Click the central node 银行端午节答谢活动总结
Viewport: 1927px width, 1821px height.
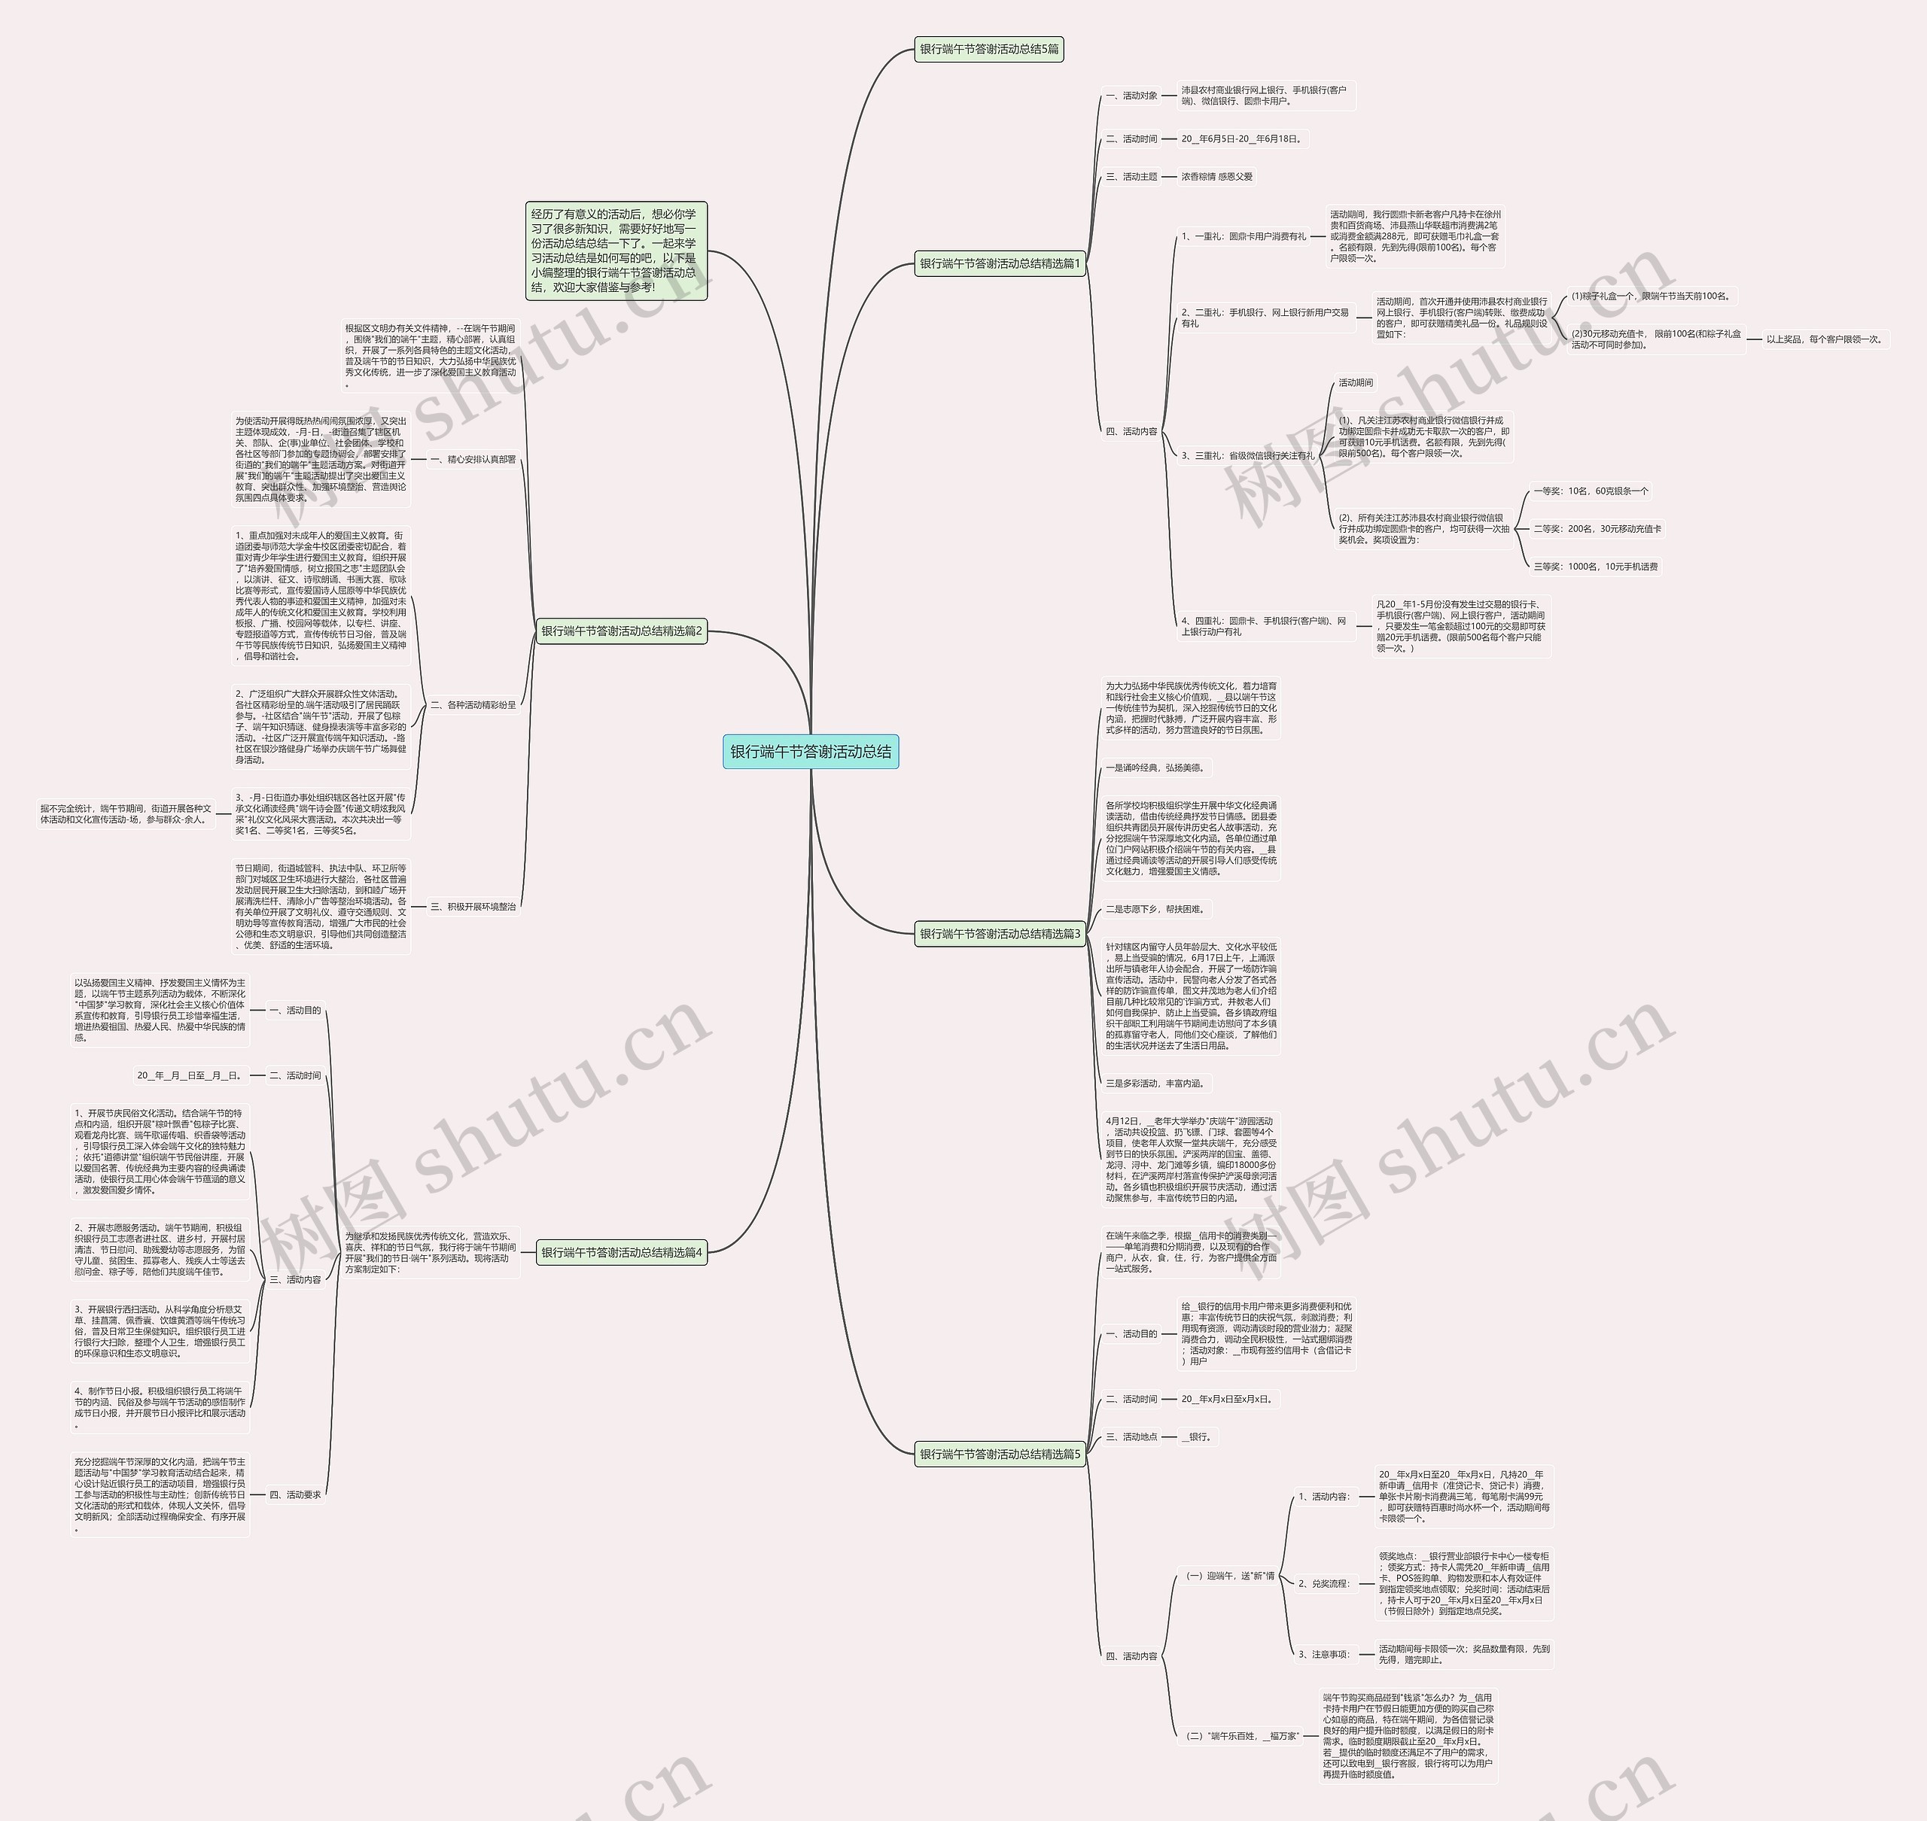point(811,751)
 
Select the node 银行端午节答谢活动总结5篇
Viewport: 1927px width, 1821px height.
point(989,48)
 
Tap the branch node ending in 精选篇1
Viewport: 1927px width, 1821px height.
point(1000,263)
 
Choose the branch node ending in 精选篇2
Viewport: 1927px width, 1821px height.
point(621,631)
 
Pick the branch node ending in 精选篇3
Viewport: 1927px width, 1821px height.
point(1000,934)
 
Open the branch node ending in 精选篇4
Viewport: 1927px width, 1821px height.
point(621,1252)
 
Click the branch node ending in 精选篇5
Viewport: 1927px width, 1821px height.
point(1000,1454)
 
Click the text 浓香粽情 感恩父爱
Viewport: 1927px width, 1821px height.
point(1216,177)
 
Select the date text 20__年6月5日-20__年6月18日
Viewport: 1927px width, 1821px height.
point(1241,138)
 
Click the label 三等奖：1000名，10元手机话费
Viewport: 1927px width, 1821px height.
point(1596,566)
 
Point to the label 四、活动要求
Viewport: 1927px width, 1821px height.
point(294,1495)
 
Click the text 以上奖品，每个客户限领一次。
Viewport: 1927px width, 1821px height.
point(1824,339)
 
